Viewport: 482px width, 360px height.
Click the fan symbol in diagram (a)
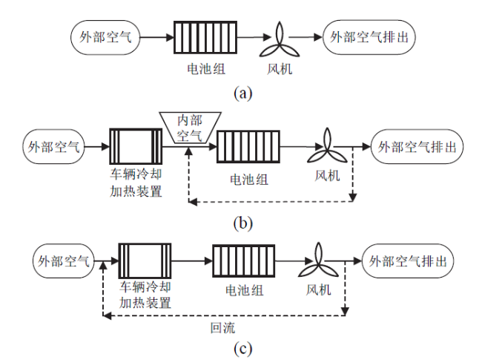point(279,39)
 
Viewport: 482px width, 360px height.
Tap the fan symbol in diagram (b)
point(327,145)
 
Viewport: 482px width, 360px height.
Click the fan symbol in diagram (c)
point(318,261)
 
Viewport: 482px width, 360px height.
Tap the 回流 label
point(222,328)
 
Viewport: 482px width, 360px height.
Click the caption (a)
point(242,93)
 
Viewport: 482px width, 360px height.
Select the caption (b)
point(242,223)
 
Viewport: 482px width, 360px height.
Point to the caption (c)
point(242,349)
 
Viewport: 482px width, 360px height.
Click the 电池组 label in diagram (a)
point(206,69)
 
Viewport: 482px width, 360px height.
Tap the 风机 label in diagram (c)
point(318,289)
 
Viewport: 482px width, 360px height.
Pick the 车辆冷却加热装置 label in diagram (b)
point(136,183)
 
